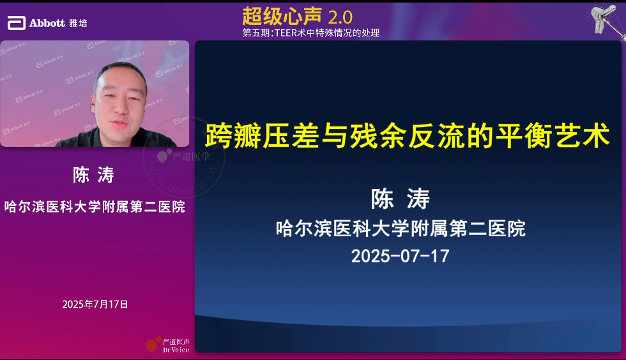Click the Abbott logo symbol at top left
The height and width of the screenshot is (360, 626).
[17, 23]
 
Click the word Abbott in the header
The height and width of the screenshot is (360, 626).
[47, 23]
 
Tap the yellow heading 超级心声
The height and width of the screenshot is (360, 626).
[282, 16]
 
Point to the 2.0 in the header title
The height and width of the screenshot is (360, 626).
[340, 18]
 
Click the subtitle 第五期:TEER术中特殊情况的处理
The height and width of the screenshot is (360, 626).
[311, 33]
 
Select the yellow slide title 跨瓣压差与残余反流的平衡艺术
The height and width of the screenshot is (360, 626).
[408, 136]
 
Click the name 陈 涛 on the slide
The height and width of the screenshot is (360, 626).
[401, 199]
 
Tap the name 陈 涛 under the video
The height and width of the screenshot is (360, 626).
[93, 175]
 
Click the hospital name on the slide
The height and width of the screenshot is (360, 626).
[401, 229]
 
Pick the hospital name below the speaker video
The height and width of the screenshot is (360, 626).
[95, 207]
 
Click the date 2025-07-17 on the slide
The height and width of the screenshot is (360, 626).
[401, 256]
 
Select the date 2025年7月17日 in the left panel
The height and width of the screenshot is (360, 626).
[95, 304]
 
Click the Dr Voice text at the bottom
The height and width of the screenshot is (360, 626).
[176, 350]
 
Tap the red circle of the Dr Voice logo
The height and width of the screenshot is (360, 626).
[151, 345]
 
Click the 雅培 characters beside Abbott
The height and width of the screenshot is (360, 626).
[78, 23]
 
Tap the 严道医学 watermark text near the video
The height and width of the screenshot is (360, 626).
[191, 156]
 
